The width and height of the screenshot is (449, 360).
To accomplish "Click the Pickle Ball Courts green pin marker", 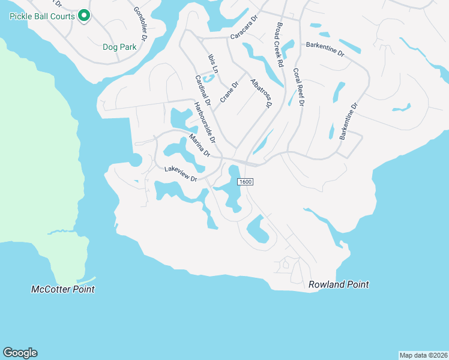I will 84,16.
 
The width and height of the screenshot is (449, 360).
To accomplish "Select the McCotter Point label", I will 63,289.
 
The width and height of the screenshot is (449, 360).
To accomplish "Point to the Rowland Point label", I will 339,284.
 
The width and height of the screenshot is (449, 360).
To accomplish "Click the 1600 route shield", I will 245,182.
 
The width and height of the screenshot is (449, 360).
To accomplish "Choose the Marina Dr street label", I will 199,145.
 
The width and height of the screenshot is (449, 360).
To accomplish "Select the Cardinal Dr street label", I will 202,91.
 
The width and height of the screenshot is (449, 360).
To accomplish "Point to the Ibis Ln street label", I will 212,63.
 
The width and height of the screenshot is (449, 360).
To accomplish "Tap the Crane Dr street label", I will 229,92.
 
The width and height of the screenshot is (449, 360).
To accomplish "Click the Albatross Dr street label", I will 261,93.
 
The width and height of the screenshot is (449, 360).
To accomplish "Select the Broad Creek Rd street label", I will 279,45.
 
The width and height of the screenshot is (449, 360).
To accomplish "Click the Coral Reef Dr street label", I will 299,87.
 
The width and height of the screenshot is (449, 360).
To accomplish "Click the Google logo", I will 20,352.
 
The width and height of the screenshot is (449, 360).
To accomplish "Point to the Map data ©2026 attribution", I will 423,355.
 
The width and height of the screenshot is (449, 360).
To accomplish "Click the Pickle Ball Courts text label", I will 42,16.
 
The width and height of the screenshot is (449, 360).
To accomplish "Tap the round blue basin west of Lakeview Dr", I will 135,160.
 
